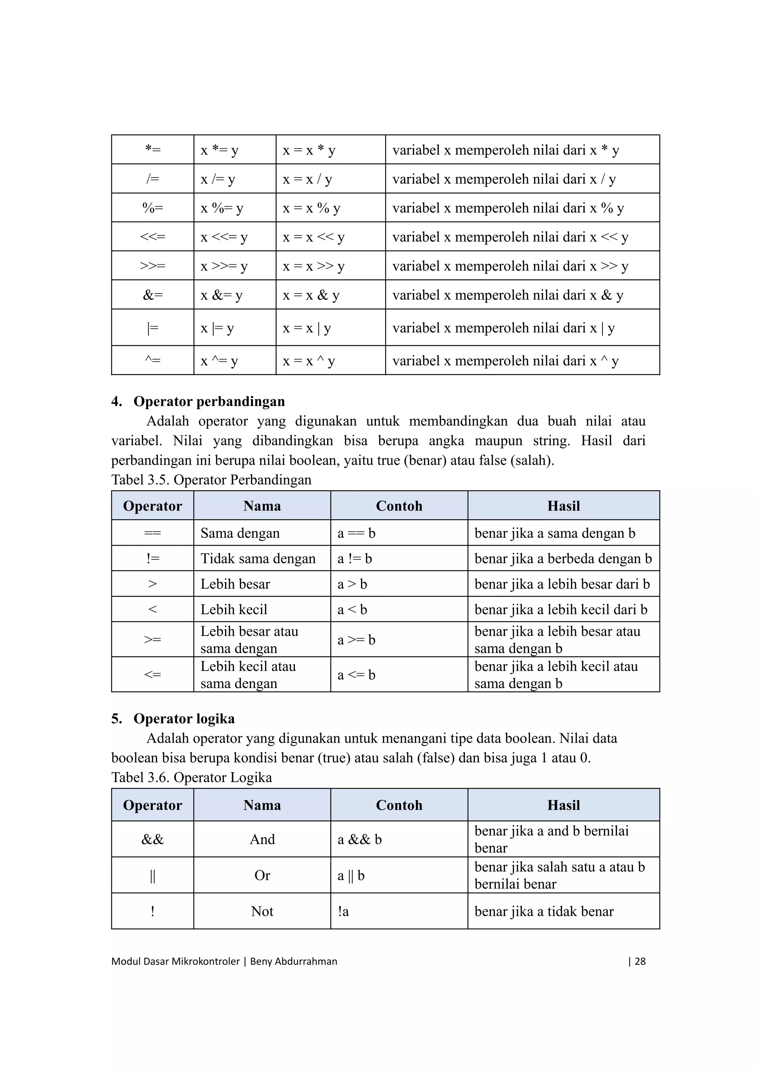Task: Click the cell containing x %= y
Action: (222, 208)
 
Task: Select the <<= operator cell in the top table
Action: (153, 237)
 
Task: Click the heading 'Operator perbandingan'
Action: (209, 401)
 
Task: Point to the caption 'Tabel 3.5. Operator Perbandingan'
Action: (211, 480)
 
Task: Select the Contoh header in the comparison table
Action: (399, 506)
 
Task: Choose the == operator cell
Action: (153, 533)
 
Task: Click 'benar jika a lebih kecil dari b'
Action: (561, 610)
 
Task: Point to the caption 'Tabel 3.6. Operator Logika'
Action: (192, 777)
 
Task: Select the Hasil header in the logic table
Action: (563, 805)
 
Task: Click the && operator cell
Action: (153, 840)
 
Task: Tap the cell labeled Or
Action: (262, 875)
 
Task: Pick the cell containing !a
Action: (343, 911)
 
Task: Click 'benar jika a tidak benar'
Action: (544, 911)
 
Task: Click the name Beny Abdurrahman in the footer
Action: (293, 961)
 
